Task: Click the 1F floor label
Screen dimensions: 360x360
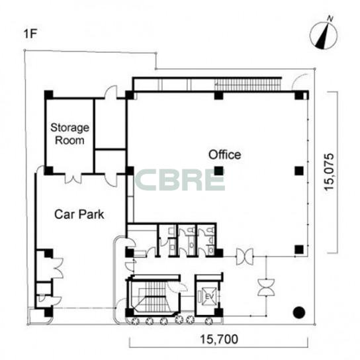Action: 30,34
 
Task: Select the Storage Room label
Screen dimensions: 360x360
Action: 69,134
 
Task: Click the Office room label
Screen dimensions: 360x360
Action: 224,155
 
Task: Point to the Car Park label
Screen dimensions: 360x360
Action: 79,214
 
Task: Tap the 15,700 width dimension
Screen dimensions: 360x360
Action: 219,339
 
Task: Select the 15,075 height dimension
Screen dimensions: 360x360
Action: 329,172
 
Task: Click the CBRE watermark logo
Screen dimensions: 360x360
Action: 180,180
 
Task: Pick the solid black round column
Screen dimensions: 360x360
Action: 299,312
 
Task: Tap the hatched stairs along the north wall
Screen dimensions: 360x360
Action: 248,85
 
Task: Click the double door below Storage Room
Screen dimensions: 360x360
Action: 73,179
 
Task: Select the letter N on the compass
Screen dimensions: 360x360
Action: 330,19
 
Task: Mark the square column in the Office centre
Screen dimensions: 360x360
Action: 219,171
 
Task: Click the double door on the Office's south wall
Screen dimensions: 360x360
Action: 245,257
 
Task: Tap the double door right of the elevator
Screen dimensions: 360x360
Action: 266,287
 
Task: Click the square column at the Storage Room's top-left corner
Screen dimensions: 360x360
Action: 49,95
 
